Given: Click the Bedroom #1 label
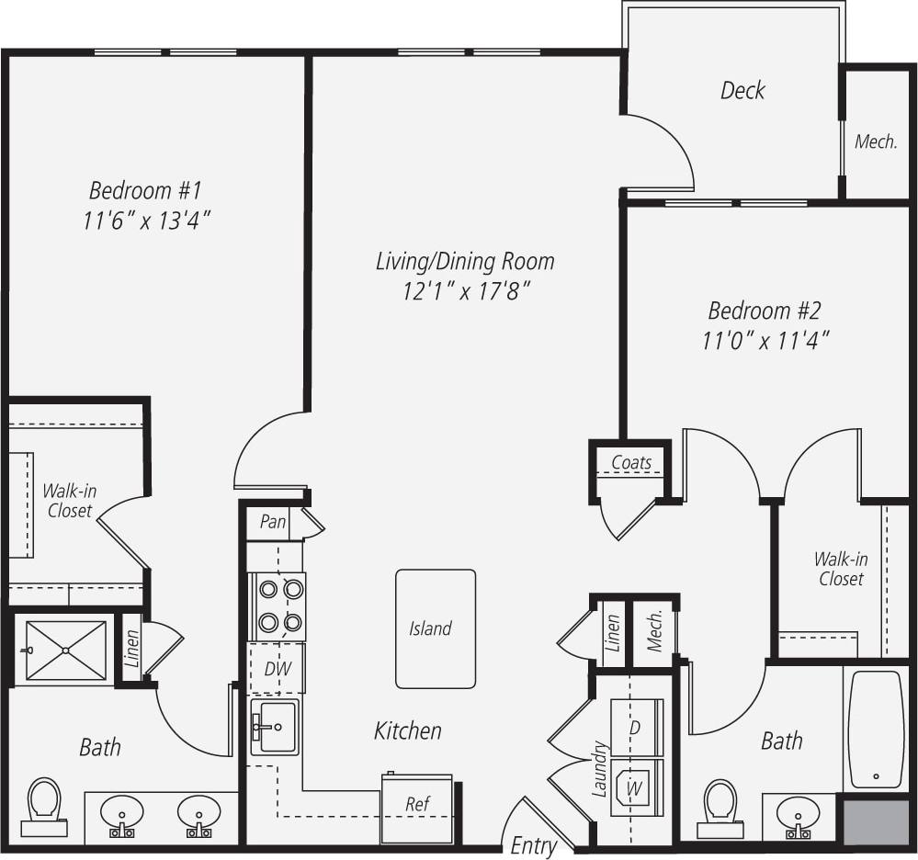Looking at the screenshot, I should tap(145, 191).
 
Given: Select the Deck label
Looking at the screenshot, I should tap(742, 90).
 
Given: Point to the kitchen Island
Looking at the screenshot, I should tap(436, 628).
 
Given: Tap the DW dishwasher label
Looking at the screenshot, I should tap(277, 669).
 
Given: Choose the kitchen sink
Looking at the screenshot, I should tap(275, 727).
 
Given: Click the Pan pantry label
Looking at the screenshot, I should tap(273, 522).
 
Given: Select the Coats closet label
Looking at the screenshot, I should tap(631, 462).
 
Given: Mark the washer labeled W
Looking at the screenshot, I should tap(634, 788).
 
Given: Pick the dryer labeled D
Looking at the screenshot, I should tap(635, 726).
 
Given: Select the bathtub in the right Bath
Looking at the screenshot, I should tap(876, 730).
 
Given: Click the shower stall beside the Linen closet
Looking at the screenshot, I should tap(65, 650).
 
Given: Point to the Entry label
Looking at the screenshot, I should tap(533, 844).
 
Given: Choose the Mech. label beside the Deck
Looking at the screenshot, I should tap(876, 141).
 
